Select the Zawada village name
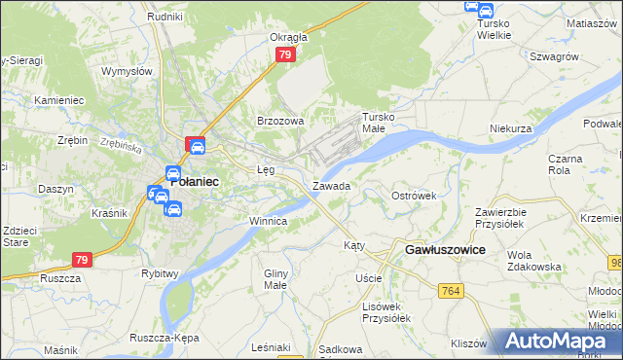[331, 185]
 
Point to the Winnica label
[268, 221]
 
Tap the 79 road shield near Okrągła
[284, 55]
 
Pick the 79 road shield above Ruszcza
[82, 260]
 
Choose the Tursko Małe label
[381, 122]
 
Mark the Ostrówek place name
[414, 196]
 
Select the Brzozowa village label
[280, 121]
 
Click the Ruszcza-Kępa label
[164, 338]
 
